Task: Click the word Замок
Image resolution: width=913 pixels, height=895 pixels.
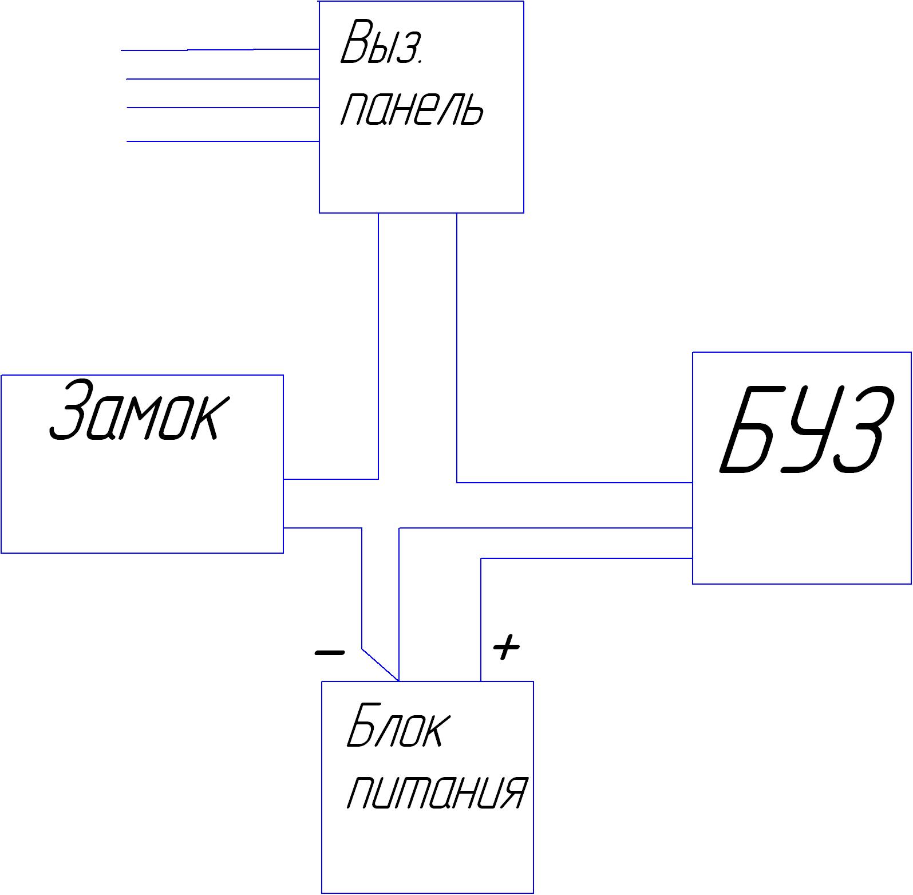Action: point(139,410)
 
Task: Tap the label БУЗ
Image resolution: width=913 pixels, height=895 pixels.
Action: point(806,429)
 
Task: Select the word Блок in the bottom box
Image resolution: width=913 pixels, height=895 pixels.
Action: point(398,726)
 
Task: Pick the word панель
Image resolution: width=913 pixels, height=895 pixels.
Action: point(412,108)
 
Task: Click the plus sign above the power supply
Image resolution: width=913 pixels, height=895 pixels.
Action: point(506,647)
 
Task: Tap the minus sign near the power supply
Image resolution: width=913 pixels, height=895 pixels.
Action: point(330,652)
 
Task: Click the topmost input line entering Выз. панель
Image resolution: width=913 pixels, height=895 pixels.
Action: point(220,50)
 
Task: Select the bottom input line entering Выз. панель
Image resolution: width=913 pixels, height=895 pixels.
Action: point(223,141)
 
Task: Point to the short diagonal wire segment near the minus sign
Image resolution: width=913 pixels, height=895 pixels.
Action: point(380,665)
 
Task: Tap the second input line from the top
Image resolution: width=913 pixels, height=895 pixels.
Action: point(223,79)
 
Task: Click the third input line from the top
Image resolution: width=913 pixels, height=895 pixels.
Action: point(223,107)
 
